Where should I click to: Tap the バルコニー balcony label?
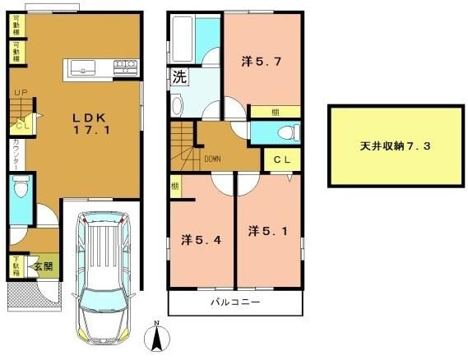pyautogui.click(x=234, y=302)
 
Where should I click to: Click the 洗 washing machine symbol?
pyautogui.click(x=179, y=80)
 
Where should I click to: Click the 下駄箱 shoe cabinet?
pyautogui.click(x=15, y=265)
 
